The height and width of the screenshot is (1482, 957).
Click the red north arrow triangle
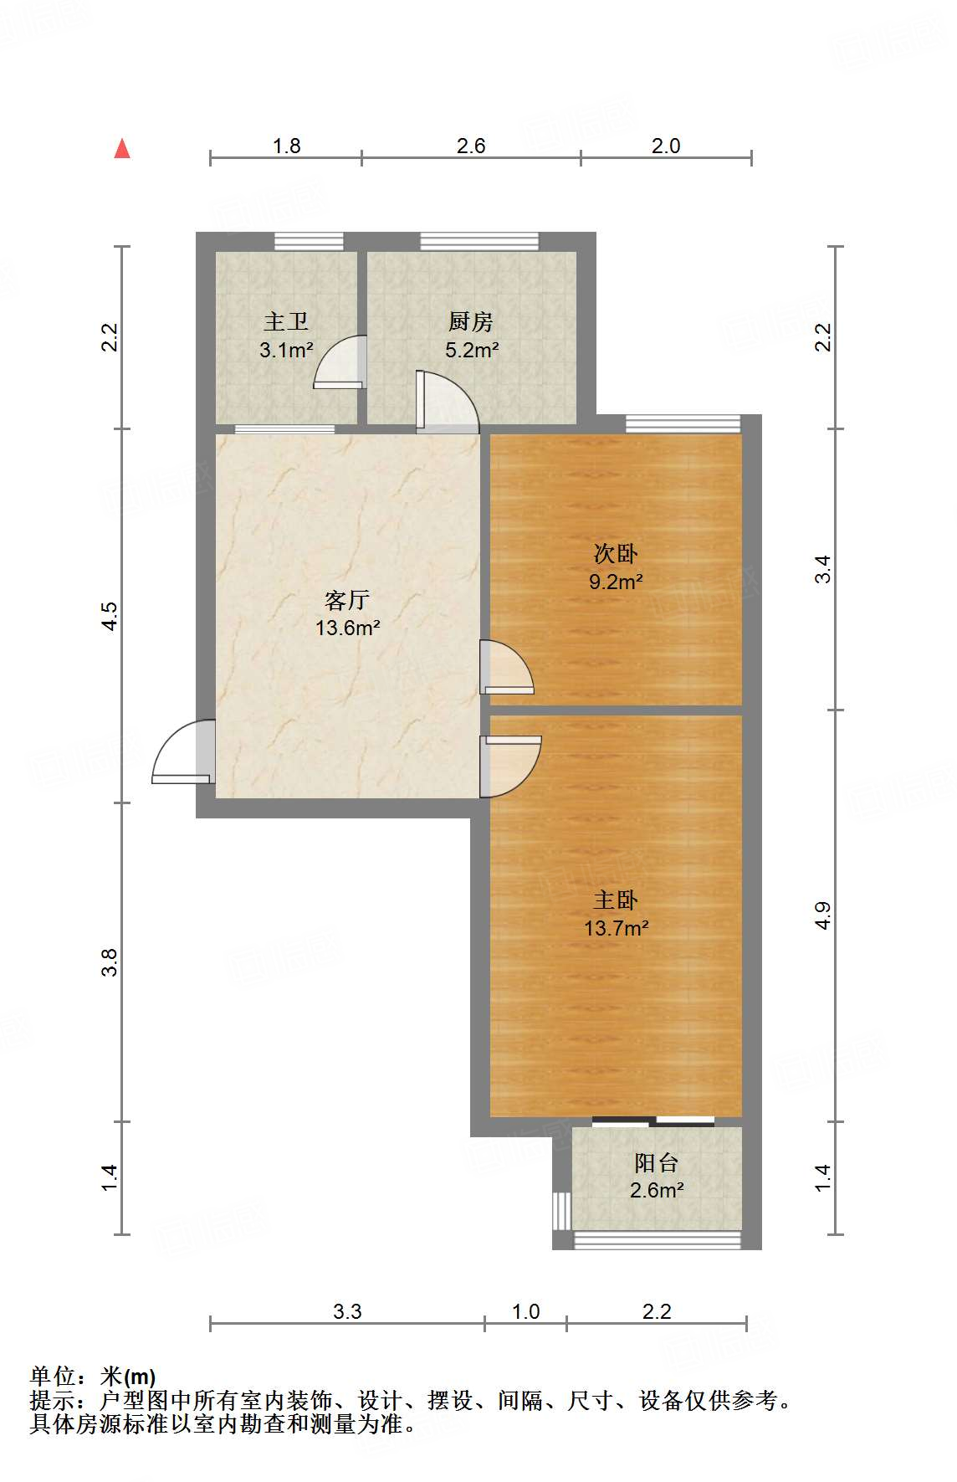[122, 148]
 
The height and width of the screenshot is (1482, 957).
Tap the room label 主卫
[286, 321]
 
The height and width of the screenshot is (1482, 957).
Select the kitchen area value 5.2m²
[472, 350]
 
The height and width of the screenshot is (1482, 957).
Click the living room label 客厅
[346, 599]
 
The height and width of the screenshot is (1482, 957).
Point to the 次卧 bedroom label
[615, 553]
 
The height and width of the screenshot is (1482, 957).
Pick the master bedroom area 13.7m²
[616, 927]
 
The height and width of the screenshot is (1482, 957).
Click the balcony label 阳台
[656, 1162]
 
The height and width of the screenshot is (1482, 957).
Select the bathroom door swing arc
[340, 362]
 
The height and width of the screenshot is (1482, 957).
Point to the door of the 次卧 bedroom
[506, 668]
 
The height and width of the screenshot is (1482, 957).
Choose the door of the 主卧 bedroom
[510, 764]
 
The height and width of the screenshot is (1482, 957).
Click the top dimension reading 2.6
[471, 146]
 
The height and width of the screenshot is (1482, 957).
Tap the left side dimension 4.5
[110, 616]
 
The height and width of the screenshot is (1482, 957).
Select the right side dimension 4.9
[823, 915]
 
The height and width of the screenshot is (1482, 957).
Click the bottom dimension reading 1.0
[525, 1311]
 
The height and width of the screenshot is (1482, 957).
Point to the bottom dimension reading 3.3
[347, 1311]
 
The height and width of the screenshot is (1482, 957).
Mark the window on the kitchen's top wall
[478, 242]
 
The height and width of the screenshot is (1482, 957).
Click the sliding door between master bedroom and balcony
[653, 1120]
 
